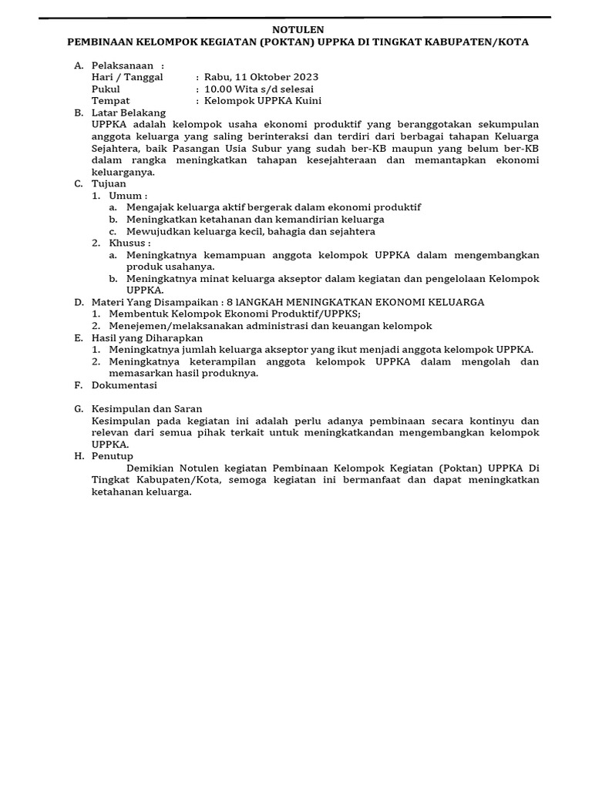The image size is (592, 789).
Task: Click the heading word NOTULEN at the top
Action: click(297, 29)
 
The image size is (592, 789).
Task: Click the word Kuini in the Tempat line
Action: click(308, 100)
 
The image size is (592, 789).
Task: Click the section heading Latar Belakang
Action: click(129, 112)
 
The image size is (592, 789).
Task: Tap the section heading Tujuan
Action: click(109, 183)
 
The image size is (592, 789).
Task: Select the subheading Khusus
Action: click(129, 243)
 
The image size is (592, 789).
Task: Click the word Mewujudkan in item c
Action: click(157, 231)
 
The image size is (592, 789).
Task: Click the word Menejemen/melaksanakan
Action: click(172, 326)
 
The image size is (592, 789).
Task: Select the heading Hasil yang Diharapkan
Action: click(147, 337)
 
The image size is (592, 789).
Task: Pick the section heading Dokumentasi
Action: click(124, 384)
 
